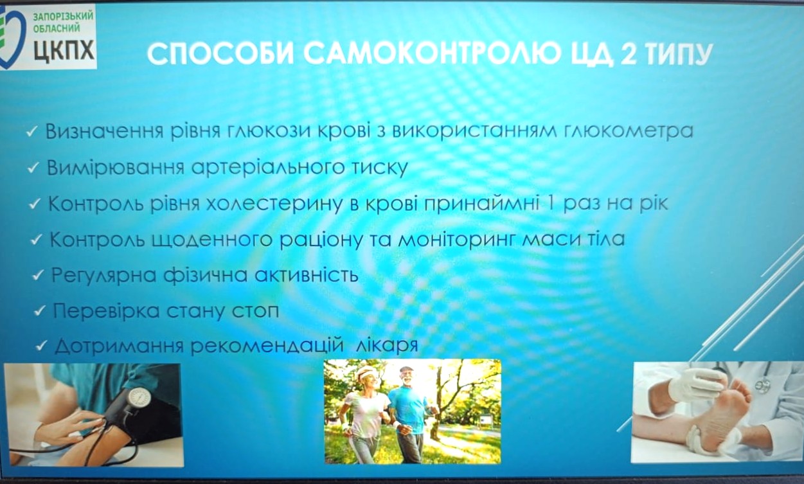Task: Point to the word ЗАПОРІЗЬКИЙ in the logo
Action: (x=63, y=16)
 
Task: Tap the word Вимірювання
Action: (x=116, y=168)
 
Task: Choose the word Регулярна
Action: (x=104, y=276)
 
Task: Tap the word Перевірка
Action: (x=106, y=311)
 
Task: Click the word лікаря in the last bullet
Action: (x=388, y=346)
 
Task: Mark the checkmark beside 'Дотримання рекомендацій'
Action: (x=41, y=346)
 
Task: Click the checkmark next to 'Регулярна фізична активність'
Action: (x=38, y=276)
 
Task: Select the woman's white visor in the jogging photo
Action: (x=366, y=372)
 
